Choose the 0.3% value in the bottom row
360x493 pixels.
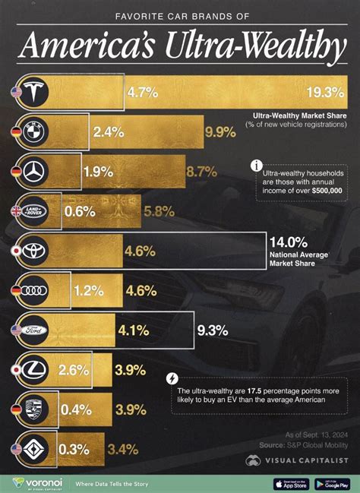point(73,449)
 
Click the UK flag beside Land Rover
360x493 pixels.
point(15,211)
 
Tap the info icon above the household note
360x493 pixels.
point(257,165)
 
